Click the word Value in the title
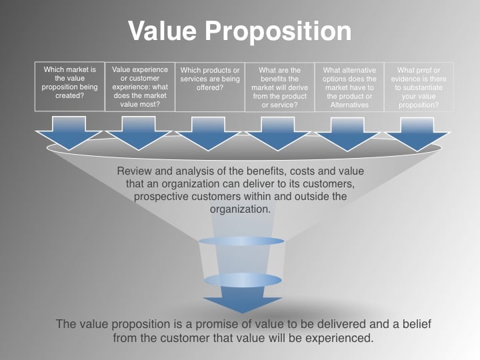click(x=162, y=31)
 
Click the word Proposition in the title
click(x=278, y=31)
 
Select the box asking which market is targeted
click(x=70, y=87)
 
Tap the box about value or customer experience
click(x=140, y=87)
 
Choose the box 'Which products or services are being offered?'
click(x=210, y=87)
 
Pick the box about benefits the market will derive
click(x=280, y=87)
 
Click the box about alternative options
click(x=349, y=87)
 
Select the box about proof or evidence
click(x=419, y=87)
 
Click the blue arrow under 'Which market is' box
click(x=69, y=133)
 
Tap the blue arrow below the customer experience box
click(x=139, y=133)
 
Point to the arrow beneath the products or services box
click(x=208, y=134)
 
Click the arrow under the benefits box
click(x=278, y=134)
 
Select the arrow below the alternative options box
click(x=347, y=134)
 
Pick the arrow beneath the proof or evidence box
click(x=417, y=134)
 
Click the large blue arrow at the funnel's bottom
click(x=243, y=300)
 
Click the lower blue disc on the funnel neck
click(x=243, y=280)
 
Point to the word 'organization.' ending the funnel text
click(x=240, y=210)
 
